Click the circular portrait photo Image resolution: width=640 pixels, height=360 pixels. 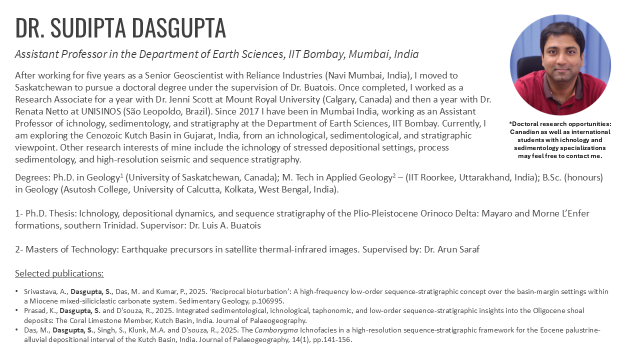coord(560,65)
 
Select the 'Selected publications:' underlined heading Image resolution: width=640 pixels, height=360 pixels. coord(59,273)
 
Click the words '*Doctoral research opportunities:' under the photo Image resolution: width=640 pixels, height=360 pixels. coord(560,123)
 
